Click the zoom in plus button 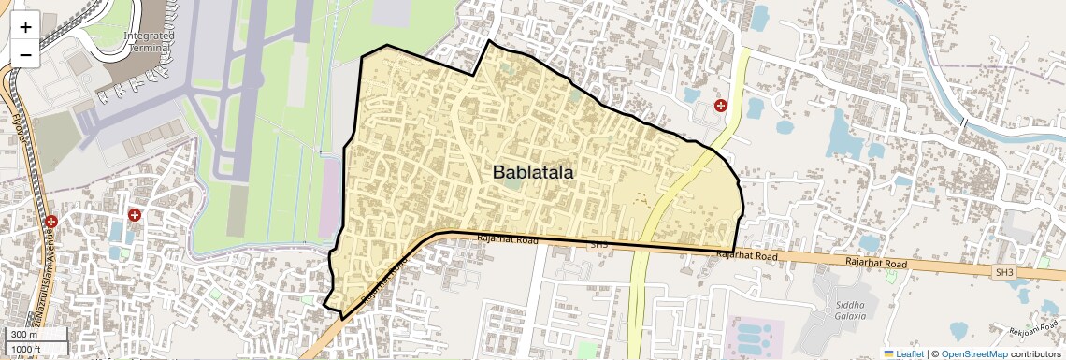click(x=25, y=27)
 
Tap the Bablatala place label click(x=533, y=172)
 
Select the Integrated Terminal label click(x=149, y=41)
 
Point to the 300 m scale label click(x=23, y=335)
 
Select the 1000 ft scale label click(x=25, y=349)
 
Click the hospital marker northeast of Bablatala click(x=720, y=106)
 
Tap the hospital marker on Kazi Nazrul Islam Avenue click(x=51, y=222)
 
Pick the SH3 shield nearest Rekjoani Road click(x=1004, y=272)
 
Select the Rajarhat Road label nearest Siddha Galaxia click(x=875, y=265)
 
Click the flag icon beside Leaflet click(x=889, y=353)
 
